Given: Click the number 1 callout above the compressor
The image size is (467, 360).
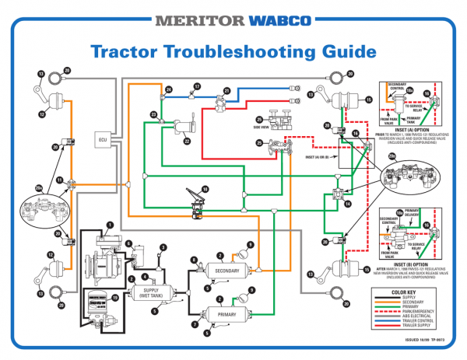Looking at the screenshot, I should click(x=110, y=225).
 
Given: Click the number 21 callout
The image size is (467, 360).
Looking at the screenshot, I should click(x=227, y=92).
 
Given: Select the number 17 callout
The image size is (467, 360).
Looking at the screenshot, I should click(x=197, y=86).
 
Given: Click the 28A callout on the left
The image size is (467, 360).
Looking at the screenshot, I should click(x=38, y=187).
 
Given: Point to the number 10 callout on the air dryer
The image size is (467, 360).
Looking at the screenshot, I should click(x=115, y=297).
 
